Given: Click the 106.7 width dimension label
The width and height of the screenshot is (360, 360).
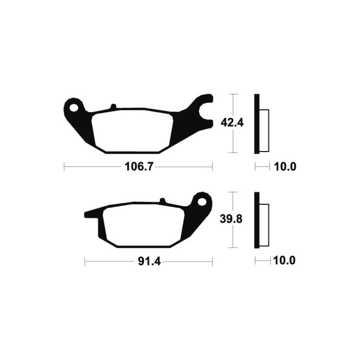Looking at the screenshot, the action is coord(139,166).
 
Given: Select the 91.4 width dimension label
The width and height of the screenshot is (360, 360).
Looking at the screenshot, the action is coord(149,261).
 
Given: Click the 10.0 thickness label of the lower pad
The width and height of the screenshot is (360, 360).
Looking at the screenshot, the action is coord(284,261).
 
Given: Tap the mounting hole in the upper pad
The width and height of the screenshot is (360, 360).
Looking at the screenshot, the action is coord(74,107).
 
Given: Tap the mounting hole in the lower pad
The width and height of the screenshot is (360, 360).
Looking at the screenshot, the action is coord(202,202).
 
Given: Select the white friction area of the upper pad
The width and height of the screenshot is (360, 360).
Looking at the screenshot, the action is coord(132,131).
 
